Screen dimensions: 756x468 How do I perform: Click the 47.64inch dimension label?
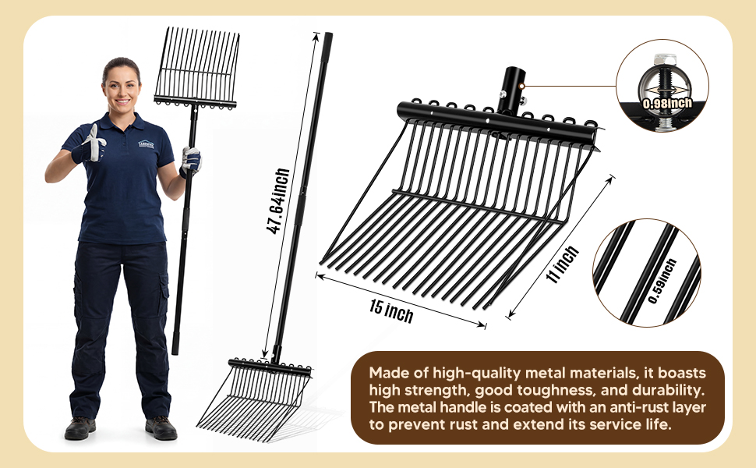(x=278, y=201)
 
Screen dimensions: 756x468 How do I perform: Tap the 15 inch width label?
(x=391, y=311)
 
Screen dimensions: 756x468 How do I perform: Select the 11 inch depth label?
(x=562, y=264)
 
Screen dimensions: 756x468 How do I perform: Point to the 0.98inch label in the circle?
(x=667, y=103)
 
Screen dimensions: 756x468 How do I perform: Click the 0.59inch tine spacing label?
(x=662, y=282)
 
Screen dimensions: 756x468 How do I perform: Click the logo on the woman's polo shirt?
(x=146, y=144)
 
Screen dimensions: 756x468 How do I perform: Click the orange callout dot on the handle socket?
(x=522, y=86)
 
